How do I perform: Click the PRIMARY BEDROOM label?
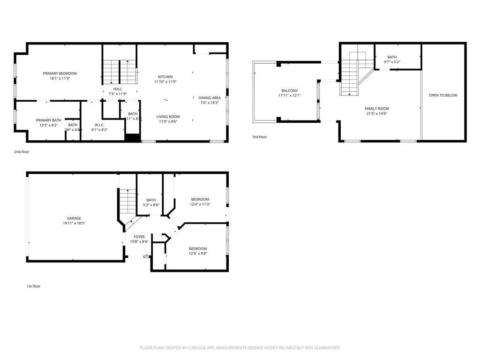point(60,74)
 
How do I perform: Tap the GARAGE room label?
point(74,218)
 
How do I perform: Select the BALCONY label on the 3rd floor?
point(289,91)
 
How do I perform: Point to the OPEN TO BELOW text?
point(443,96)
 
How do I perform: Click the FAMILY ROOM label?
point(377,109)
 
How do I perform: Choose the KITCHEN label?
point(165,77)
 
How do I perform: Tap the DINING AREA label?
point(210,98)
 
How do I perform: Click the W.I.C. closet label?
point(99,125)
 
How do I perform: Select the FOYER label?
point(139,237)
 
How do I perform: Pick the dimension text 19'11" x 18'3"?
point(74,224)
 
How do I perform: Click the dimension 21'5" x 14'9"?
point(377,113)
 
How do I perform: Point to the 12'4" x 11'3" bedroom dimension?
point(200,204)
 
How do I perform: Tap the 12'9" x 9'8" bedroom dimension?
point(198,254)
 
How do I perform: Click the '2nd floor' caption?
point(22,152)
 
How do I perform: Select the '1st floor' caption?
point(33,286)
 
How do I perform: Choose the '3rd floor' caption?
point(259,137)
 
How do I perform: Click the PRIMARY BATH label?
point(49,120)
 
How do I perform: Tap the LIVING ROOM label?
point(168,117)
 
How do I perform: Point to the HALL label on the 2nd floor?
point(118,89)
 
